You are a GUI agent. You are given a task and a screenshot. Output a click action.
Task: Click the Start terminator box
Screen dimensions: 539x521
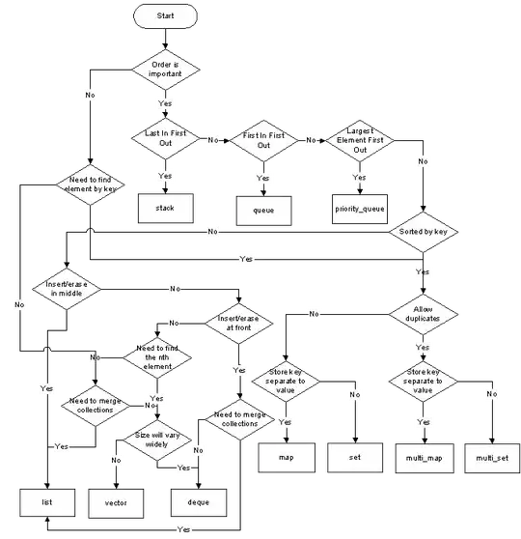click(165, 17)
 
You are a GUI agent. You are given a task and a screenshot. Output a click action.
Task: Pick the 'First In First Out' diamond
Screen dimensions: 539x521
click(263, 139)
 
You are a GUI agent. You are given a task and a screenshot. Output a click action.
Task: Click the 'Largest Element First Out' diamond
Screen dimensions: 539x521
click(360, 139)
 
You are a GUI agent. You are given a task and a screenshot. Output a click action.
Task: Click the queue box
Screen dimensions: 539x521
click(263, 209)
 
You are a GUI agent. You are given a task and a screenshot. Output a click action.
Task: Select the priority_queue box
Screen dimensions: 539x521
click(360, 208)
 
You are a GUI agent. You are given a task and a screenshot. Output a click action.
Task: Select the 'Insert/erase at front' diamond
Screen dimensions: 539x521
click(237, 322)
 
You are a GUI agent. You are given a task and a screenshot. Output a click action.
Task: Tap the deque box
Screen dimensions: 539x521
click(197, 503)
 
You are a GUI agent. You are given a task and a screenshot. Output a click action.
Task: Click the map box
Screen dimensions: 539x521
click(286, 456)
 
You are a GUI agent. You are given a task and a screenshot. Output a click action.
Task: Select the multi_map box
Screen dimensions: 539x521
click(423, 456)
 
